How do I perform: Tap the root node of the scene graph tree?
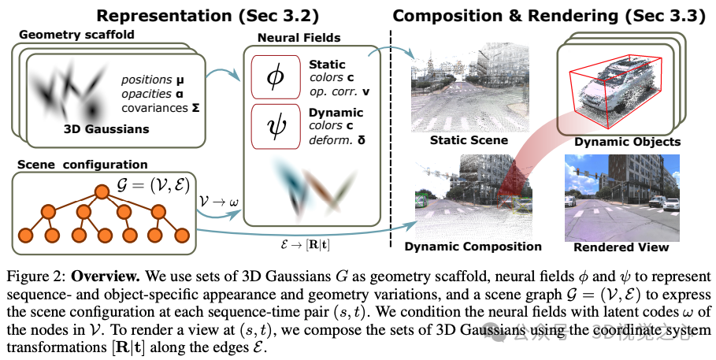tap(100, 191)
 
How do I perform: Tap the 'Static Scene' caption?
tap(469, 141)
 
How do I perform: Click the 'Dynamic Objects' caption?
tap(617, 142)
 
